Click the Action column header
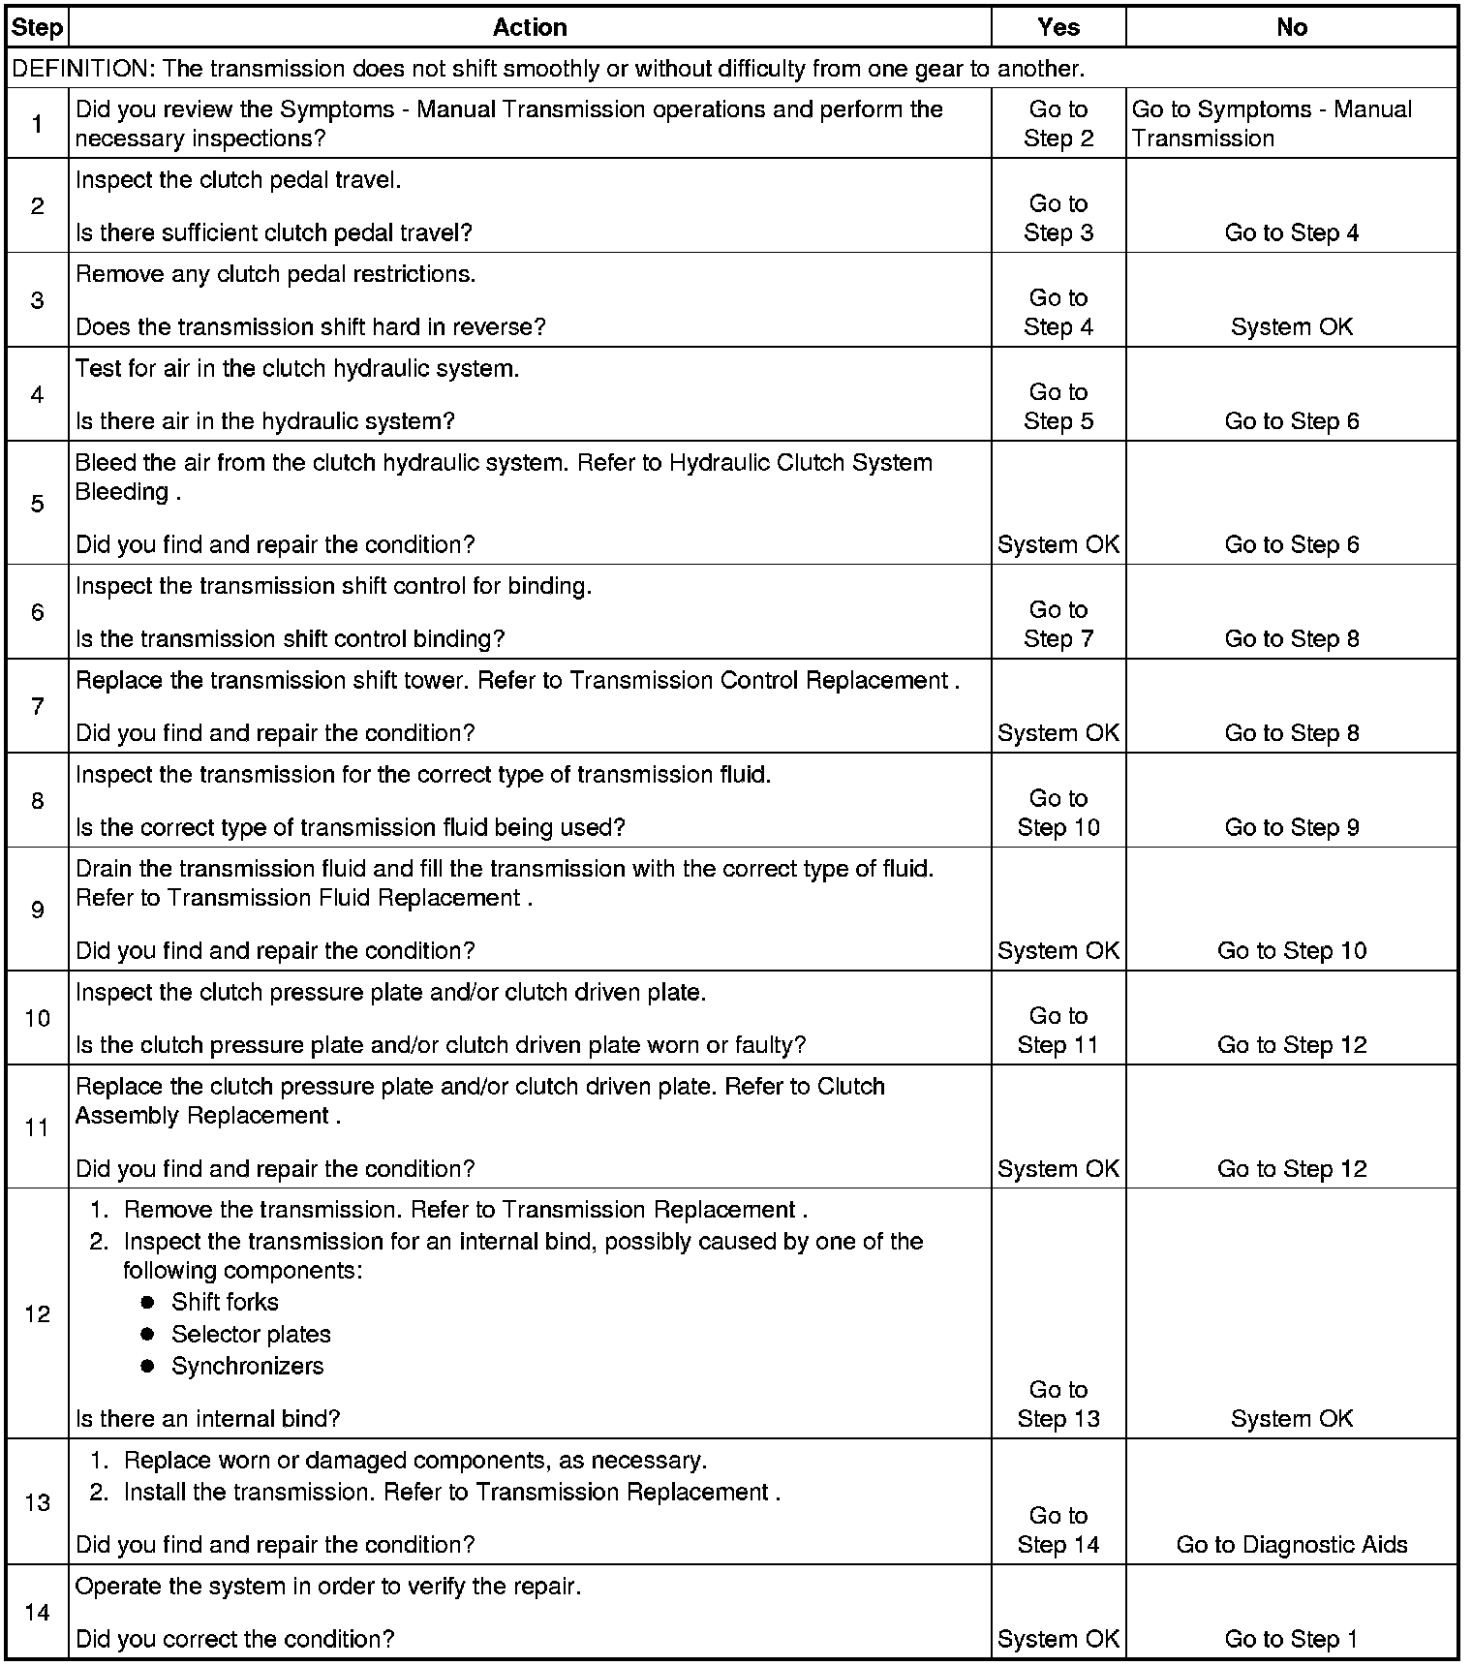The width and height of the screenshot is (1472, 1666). click(x=530, y=27)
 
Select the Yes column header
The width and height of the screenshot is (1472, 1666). click(x=1058, y=27)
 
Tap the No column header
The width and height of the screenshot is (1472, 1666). click(x=1291, y=27)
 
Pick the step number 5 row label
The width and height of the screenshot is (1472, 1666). click(x=37, y=504)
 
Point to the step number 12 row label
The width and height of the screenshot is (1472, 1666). click(x=37, y=1314)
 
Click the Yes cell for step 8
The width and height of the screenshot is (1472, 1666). click(x=1058, y=813)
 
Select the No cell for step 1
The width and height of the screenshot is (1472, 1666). click(x=1271, y=124)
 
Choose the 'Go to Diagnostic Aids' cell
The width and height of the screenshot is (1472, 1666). click(x=1291, y=1545)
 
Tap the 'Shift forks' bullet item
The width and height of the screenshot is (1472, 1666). click(x=225, y=1302)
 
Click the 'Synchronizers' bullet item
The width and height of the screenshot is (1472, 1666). click(x=247, y=1366)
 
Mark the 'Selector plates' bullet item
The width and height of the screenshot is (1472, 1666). click(x=251, y=1334)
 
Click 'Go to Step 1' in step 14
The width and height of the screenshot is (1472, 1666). click(x=1291, y=1639)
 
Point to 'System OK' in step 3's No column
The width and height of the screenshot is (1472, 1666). click(x=1291, y=327)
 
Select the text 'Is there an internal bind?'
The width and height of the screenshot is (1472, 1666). click(x=207, y=1419)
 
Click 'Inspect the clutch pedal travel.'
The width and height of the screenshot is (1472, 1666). click(x=237, y=180)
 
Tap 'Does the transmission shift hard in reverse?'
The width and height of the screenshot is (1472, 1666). click(x=310, y=327)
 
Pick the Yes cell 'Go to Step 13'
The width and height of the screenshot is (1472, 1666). click(x=1058, y=1404)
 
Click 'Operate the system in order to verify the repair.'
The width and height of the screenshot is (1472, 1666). click(x=327, y=1587)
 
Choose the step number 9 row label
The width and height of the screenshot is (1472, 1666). click(x=37, y=910)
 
